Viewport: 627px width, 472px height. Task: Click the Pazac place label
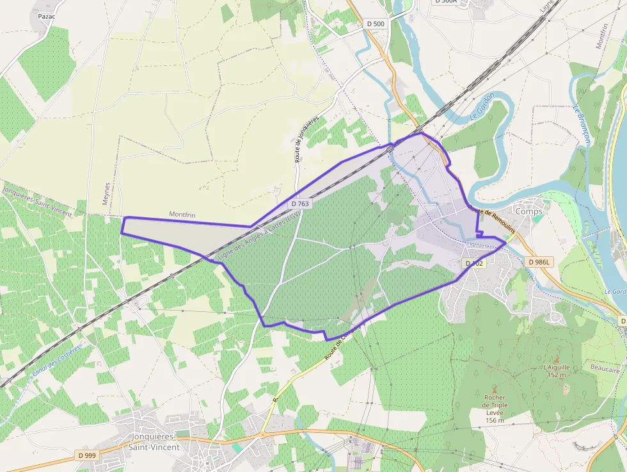pos(46,15)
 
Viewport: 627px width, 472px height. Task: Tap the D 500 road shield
pos(376,24)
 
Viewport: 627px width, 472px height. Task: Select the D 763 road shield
pos(300,204)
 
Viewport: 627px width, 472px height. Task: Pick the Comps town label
pos(528,211)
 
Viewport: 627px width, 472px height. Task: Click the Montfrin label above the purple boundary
pos(181,214)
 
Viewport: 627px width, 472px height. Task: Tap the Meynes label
pos(107,193)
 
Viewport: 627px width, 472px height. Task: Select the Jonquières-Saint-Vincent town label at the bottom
pos(154,442)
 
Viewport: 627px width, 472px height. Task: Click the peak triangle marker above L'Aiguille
pos(555,359)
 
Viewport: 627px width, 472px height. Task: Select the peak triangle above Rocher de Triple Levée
pos(494,389)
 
